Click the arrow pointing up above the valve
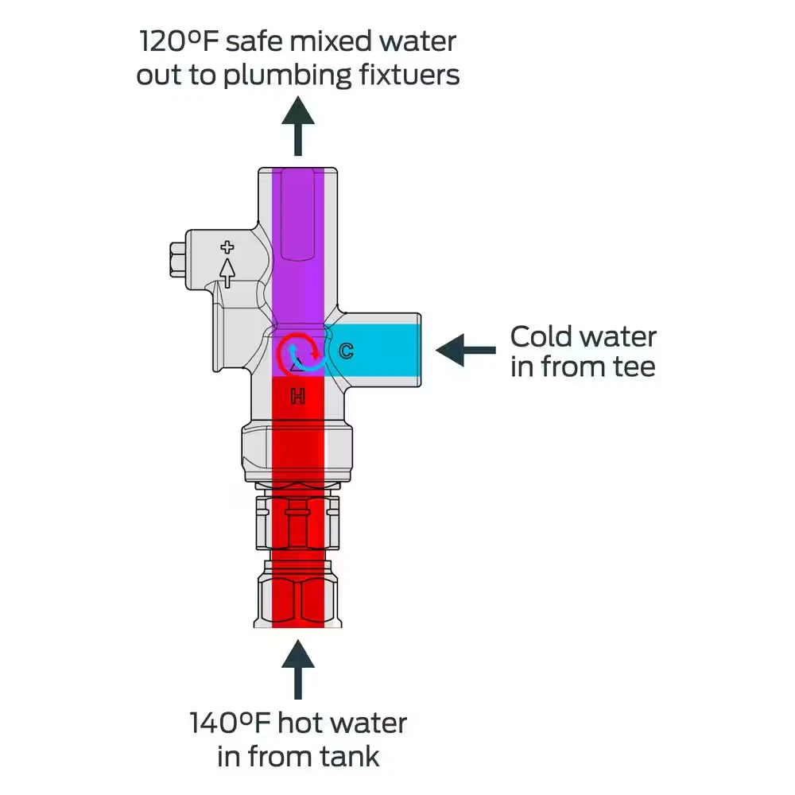pos(298,126)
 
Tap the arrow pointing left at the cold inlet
pos(465,350)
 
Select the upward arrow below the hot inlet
pos(298,669)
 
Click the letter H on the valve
pos(298,396)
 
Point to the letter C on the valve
pos(346,351)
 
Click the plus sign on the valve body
pos(227,247)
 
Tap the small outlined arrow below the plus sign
pos(227,272)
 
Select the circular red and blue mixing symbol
pos(300,354)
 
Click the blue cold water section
pos(378,350)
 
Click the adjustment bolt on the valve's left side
pos(176,261)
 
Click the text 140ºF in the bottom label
pos(231,723)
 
